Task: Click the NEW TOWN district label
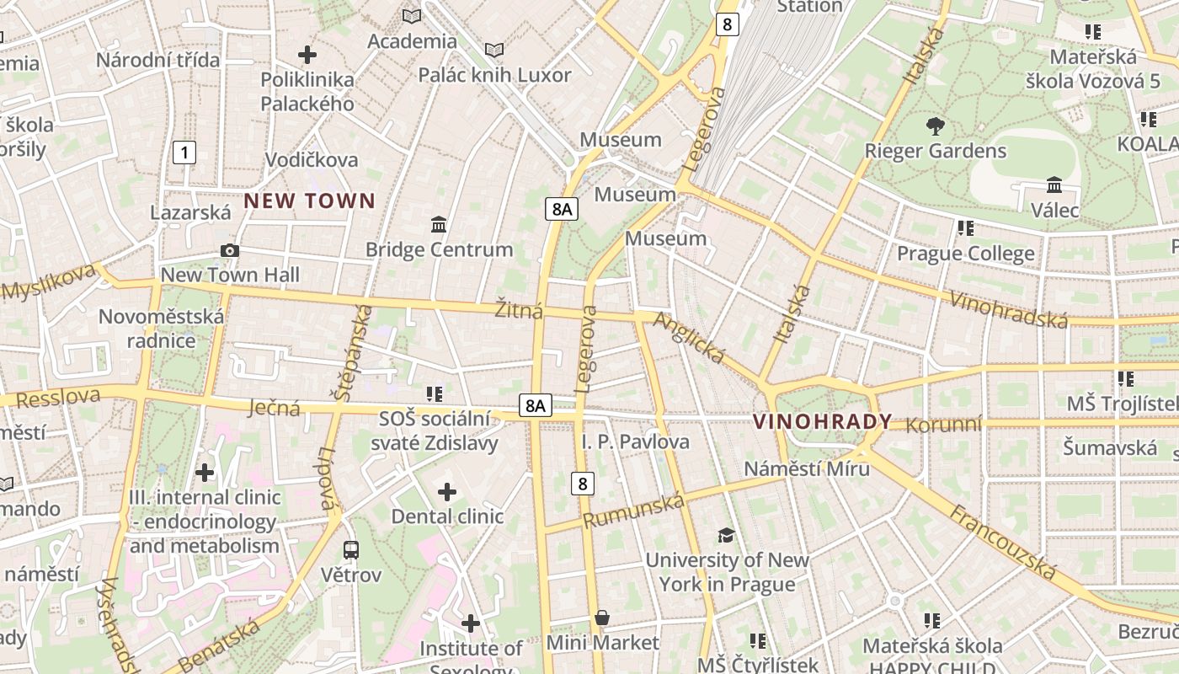click(x=309, y=201)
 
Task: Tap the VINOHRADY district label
click(x=822, y=421)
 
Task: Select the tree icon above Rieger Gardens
click(x=935, y=126)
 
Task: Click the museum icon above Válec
click(x=1054, y=185)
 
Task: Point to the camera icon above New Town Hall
click(x=229, y=250)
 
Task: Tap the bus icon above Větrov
click(x=351, y=550)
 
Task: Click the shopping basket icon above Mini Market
click(x=602, y=618)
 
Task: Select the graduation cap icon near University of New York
click(x=726, y=535)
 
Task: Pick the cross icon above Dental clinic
click(x=447, y=491)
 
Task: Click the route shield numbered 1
click(x=184, y=152)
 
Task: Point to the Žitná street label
click(x=519, y=311)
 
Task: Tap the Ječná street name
click(x=275, y=409)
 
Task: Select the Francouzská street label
click(x=1002, y=542)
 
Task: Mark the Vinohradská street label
click(x=1009, y=309)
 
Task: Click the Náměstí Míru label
click(x=807, y=468)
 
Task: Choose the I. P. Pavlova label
click(x=635, y=441)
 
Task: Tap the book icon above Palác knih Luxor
click(x=494, y=51)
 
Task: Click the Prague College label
click(x=965, y=254)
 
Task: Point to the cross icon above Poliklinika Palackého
click(x=307, y=55)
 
